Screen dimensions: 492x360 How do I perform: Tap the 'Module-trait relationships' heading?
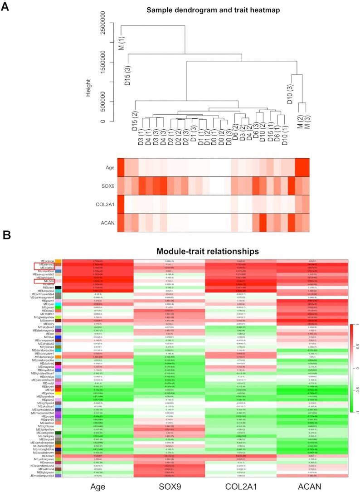tap(207, 251)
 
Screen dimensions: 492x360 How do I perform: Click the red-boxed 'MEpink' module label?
tap(48, 281)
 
